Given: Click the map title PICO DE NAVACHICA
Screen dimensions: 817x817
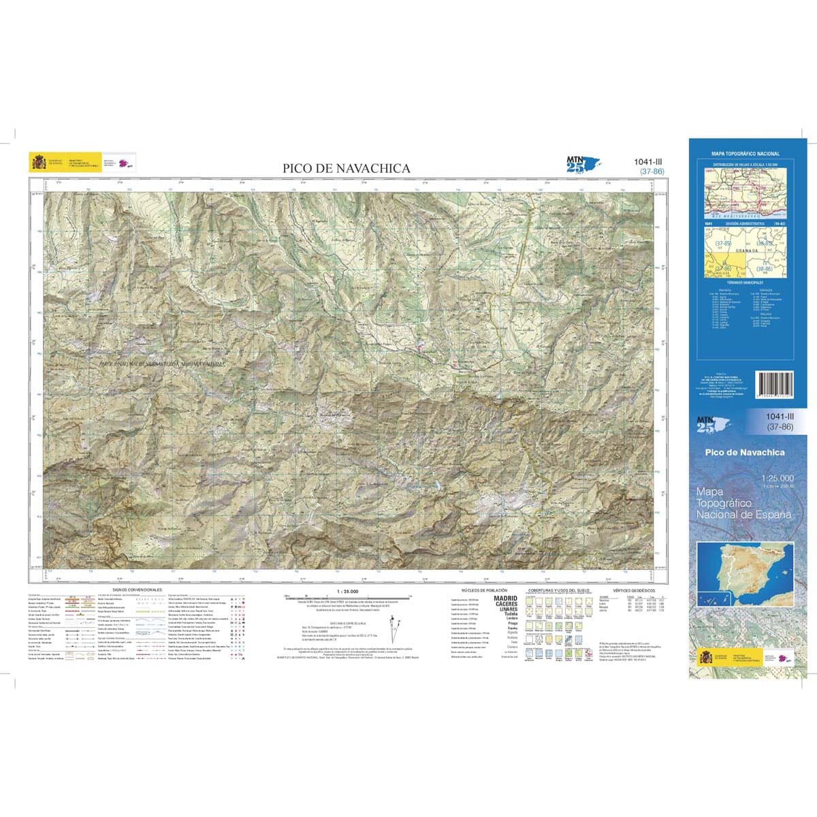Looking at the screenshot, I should point(347,168).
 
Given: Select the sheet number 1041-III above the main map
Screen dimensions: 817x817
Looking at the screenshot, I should point(647,161).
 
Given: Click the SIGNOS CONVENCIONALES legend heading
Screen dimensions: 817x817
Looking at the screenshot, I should point(137,589).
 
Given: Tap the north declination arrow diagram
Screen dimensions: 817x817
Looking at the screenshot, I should point(394,626).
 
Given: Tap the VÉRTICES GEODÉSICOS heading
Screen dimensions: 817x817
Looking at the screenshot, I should point(633,590).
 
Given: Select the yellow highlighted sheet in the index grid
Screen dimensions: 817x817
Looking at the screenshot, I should point(722,264).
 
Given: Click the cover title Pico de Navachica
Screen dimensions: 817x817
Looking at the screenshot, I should point(746,453).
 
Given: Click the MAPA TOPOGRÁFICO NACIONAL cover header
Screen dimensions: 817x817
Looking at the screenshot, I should point(745,155).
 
